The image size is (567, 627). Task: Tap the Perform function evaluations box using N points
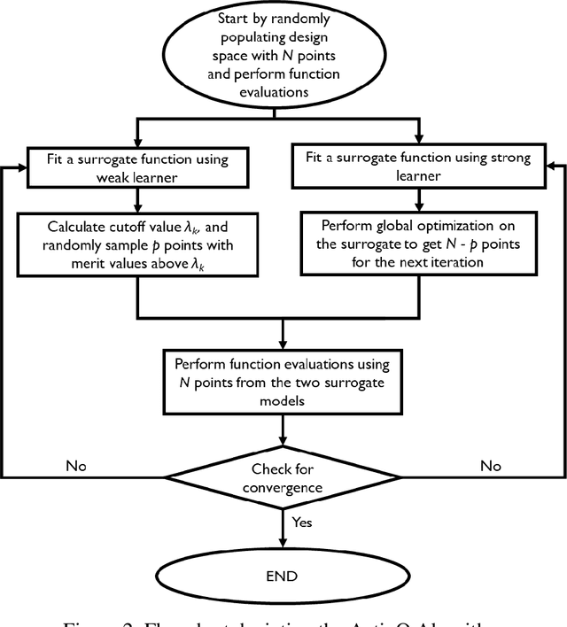pyautogui.click(x=283, y=379)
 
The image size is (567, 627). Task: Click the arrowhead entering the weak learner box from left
pyautogui.click(x=22, y=167)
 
